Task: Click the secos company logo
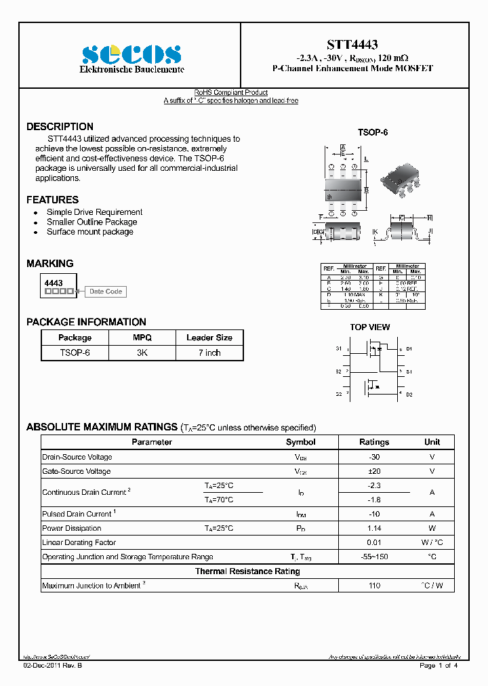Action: click(x=131, y=54)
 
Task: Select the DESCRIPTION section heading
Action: click(x=60, y=127)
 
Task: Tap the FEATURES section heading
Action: click(x=52, y=200)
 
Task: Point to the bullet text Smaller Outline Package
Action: click(x=91, y=222)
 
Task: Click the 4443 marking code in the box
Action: click(x=54, y=283)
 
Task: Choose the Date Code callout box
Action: click(x=106, y=291)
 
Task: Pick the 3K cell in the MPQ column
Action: click(x=142, y=352)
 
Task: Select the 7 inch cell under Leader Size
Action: click(x=209, y=352)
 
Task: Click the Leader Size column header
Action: click(x=209, y=338)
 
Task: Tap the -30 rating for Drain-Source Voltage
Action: click(x=374, y=457)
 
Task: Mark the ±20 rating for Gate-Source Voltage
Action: click(x=374, y=471)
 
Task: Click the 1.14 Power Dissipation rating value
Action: click(x=374, y=528)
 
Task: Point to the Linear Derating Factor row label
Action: click(x=79, y=542)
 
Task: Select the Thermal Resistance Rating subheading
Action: click(x=247, y=571)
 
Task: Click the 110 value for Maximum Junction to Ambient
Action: click(x=374, y=586)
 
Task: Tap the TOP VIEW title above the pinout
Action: click(x=369, y=327)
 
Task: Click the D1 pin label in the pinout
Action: click(x=409, y=349)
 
